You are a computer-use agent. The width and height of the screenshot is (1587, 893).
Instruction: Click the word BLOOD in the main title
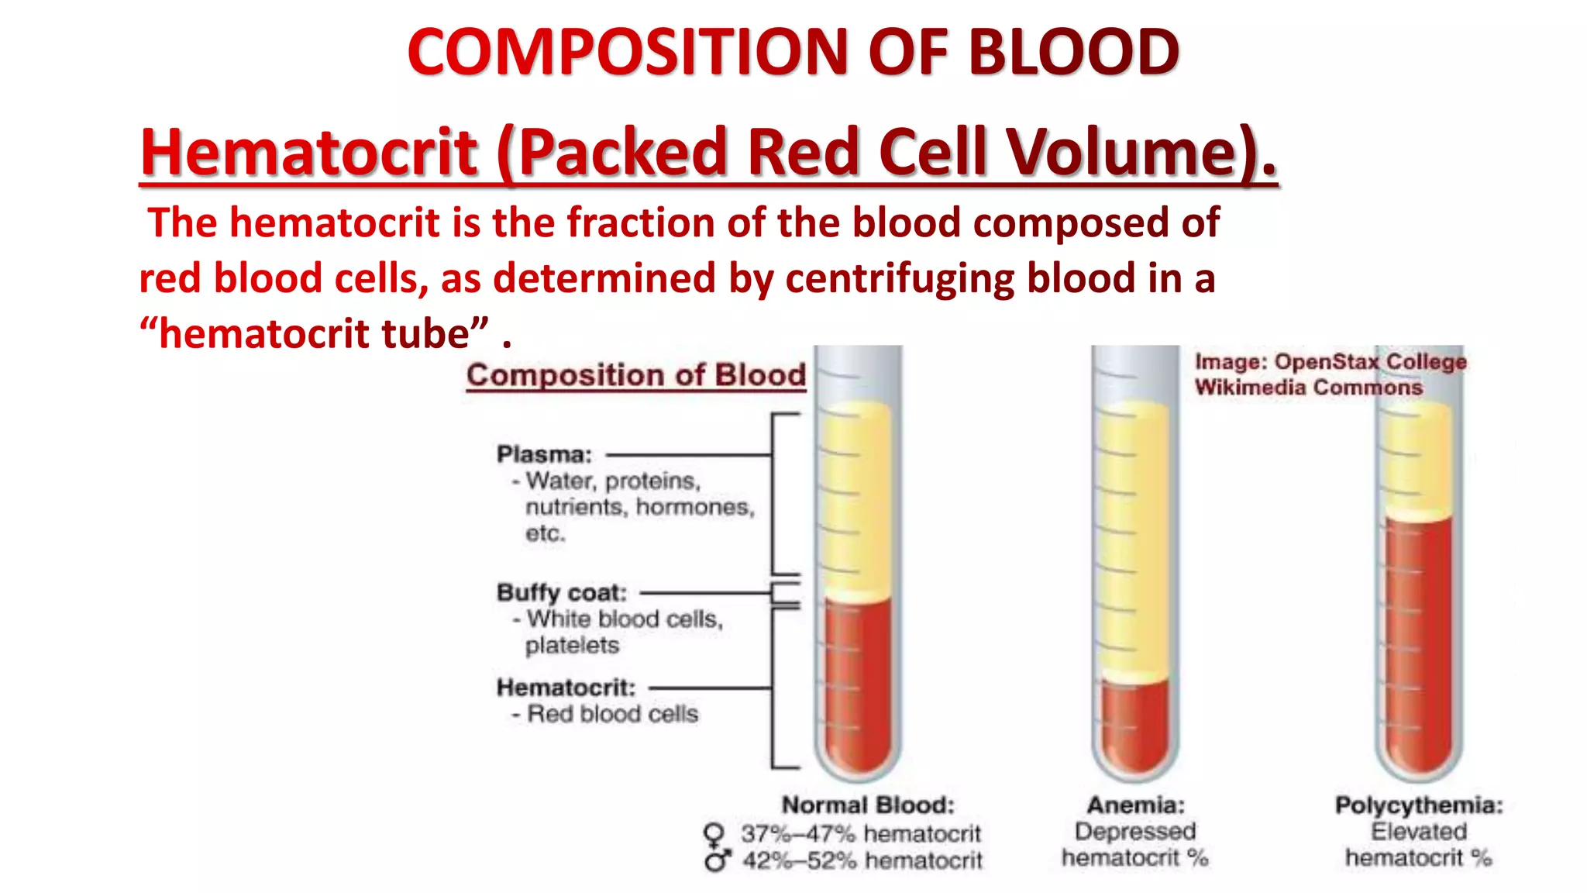1073,53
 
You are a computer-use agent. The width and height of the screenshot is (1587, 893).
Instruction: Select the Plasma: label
544,454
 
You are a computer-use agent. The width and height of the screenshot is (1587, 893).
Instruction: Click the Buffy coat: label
562,592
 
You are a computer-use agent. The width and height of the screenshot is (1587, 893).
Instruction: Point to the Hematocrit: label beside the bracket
566,688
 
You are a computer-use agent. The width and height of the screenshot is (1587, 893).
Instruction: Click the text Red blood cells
612,714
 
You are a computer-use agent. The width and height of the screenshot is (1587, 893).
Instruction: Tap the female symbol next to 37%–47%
714,835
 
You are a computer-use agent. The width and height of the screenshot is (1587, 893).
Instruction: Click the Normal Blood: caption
868,805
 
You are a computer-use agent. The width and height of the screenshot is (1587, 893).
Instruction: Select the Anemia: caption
1135,805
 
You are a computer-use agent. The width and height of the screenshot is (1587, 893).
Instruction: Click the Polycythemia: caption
1418,805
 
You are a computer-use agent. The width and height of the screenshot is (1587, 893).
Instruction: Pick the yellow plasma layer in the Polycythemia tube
1418,457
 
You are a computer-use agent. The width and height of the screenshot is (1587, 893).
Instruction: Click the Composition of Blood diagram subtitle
636,375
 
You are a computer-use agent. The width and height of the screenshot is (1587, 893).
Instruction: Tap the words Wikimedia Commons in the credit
1308,387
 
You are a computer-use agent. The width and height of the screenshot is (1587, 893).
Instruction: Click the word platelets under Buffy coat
572,645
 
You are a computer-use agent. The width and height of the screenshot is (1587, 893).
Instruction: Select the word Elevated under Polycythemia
1418,832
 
